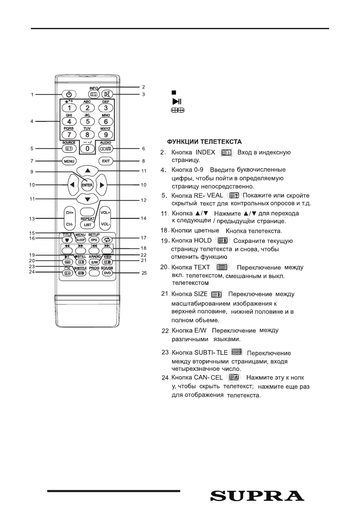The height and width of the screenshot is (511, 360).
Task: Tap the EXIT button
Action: pyautogui.click(x=105, y=161)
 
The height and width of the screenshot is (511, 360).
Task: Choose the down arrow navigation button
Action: pyautogui.click(x=88, y=200)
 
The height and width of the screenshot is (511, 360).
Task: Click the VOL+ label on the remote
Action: pyautogui.click(x=106, y=213)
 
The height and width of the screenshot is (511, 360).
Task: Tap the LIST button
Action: pyautogui.click(x=88, y=224)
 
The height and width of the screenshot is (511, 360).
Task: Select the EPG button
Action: pyautogui.click(x=94, y=240)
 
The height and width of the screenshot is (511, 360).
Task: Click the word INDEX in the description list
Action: pyautogui.click(x=205, y=153)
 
